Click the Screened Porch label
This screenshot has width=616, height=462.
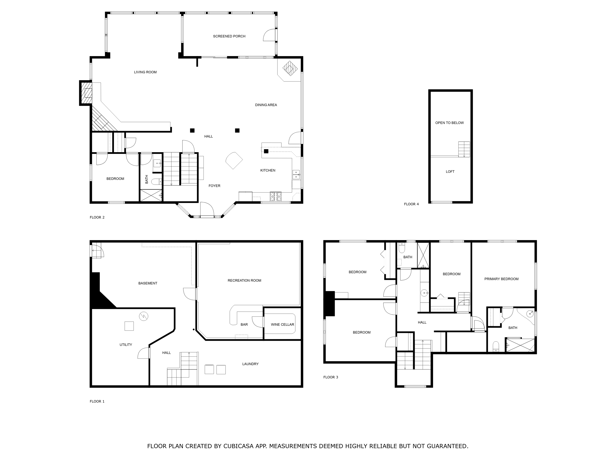tap(229, 36)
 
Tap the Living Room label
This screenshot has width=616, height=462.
tap(145, 72)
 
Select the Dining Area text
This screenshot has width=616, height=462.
tap(266, 105)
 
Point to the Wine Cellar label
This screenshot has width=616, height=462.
tap(282, 324)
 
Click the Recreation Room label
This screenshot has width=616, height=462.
tap(245, 280)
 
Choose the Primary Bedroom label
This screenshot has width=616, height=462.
tap(501, 279)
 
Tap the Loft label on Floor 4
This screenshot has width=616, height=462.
tap(450, 171)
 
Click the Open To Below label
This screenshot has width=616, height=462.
tap(449, 123)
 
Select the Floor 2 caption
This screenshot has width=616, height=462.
tap(97, 217)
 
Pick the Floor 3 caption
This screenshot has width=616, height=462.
tap(331, 377)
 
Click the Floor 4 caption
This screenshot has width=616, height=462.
tap(411, 204)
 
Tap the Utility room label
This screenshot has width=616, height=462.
tap(126, 345)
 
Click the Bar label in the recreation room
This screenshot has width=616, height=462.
tap(244, 324)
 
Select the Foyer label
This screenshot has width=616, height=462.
tap(214, 186)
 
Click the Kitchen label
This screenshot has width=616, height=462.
tap(268, 170)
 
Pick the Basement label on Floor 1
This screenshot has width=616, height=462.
tap(148, 283)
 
